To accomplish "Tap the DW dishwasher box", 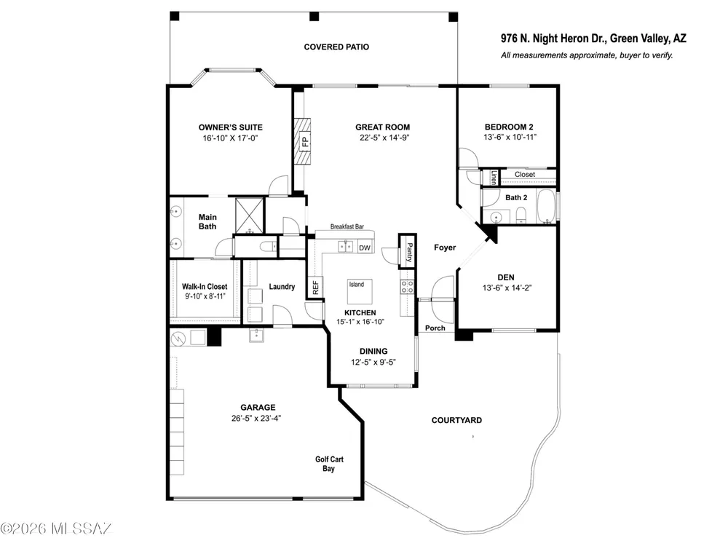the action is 365,248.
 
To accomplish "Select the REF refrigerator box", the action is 315,288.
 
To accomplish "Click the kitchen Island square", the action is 360,292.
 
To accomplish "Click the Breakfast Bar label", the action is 347,226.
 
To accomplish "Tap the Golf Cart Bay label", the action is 329,464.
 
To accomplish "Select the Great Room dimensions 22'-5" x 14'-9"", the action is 384,138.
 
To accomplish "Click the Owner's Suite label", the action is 230,127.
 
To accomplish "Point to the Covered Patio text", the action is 336,47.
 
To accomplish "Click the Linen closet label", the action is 494,178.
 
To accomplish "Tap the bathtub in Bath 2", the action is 547,206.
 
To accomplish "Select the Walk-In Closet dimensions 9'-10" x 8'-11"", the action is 205,296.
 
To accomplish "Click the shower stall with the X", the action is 249,216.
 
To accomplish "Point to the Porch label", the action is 435,328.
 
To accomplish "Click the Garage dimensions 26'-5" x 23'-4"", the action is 256,419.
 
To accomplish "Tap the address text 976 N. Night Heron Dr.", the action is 553,39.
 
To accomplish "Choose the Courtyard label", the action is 457,420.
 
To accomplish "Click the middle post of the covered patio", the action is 314,17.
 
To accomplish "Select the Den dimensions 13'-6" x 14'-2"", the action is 507,288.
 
